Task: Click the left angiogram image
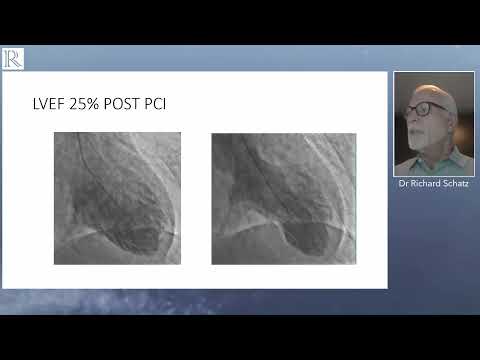[x=116, y=198]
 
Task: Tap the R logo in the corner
[x=13, y=58]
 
